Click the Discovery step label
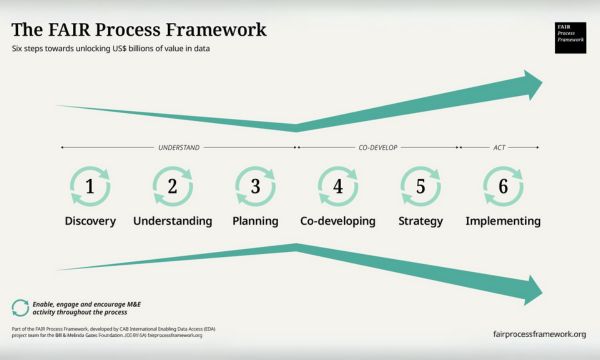pyautogui.click(x=90, y=220)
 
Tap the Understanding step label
pyautogui.click(x=172, y=220)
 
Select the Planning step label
pyautogui.click(x=255, y=220)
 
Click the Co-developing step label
pyautogui.click(x=338, y=220)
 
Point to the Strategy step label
pyautogui.click(x=420, y=220)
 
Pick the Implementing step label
pyautogui.click(x=503, y=220)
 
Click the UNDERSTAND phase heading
pyautogui.click(x=179, y=147)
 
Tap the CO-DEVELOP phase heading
pyautogui.click(x=378, y=147)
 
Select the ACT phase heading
pyautogui.click(x=499, y=147)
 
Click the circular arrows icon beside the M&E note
pyautogui.click(x=19, y=307)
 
